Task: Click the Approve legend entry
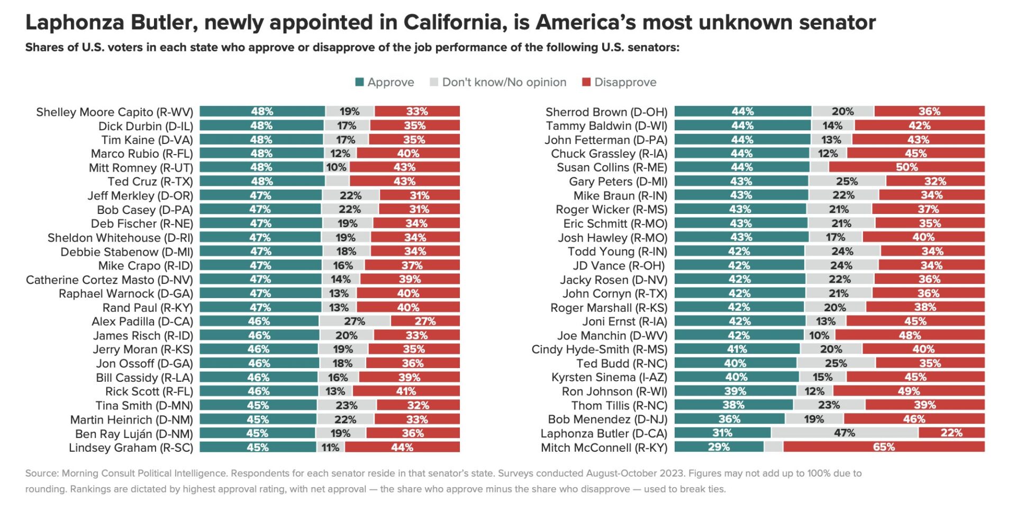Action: (385, 82)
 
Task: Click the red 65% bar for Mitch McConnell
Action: (883, 447)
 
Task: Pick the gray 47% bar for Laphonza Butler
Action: (844, 433)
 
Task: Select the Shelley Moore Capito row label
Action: (114, 112)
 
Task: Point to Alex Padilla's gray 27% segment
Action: (355, 321)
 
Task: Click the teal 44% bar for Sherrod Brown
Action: (742, 111)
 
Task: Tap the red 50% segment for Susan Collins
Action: (906, 167)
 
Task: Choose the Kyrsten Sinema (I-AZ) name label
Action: (609, 377)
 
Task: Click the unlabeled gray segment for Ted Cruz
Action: (337, 181)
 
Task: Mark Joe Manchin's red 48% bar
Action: (909, 335)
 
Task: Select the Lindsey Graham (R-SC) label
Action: (131, 447)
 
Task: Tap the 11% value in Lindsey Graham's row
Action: (330, 447)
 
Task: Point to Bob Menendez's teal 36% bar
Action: (729, 419)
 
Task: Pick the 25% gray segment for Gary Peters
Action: (847, 181)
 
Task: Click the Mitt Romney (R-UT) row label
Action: (141, 168)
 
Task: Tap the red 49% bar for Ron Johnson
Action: (908, 391)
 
